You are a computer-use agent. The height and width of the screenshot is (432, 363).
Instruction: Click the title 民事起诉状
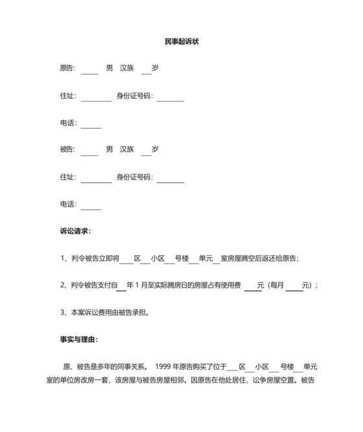coord(181,41)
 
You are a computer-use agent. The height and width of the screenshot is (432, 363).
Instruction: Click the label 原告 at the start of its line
coord(67,68)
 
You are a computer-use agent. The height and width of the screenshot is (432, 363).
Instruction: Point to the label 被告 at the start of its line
coord(67,149)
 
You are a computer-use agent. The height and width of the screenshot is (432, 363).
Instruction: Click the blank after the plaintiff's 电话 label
coord(91,123)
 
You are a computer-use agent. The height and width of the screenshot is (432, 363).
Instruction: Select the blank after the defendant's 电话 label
coord(91,205)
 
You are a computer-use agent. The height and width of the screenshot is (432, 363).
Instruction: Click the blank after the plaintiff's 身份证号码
coord(170,96)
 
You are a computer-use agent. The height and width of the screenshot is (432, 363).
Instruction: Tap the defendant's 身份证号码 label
coord(134,177)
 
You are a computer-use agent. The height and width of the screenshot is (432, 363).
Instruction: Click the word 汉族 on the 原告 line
coord(127,68)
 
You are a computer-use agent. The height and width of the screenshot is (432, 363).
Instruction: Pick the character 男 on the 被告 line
coord(110,149)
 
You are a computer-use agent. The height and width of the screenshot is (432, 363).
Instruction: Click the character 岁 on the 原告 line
coord(156,68)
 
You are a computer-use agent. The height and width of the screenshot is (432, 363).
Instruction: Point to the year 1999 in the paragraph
coord(163,366)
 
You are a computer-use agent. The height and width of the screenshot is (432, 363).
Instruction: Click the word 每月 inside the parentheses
coord(277,285)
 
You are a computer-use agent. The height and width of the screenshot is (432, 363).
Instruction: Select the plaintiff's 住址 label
coord(67,96)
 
